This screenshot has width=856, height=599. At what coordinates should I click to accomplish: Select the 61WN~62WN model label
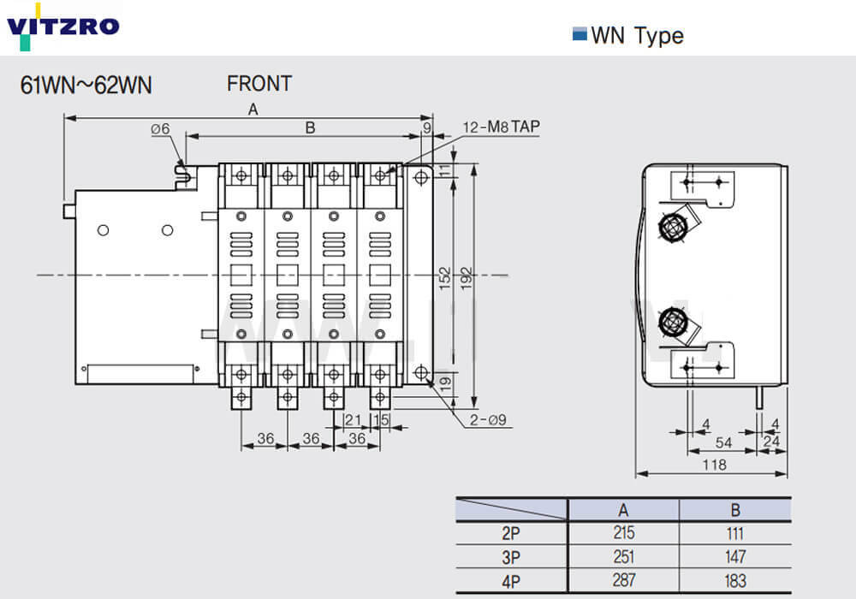pos(86,85)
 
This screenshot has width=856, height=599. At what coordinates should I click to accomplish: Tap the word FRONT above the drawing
pos(259,84)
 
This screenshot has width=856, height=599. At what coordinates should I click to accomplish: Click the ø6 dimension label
pos(161,129)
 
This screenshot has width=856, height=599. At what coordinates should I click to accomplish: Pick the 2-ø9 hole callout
pos(489,419)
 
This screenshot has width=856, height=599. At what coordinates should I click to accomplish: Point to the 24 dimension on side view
pos(772,442)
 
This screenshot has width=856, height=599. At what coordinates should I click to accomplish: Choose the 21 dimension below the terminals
pos(351,419)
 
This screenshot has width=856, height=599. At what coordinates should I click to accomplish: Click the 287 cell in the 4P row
pos(624,579)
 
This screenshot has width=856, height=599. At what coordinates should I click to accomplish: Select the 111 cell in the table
pos(735,533)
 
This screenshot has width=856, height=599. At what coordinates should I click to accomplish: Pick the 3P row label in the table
pos(511,556)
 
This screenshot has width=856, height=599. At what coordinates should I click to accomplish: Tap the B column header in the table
pos(735,511)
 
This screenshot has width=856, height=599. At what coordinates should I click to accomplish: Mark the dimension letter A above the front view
pos(253,109)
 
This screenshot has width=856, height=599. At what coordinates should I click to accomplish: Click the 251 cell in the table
pos(624,556)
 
